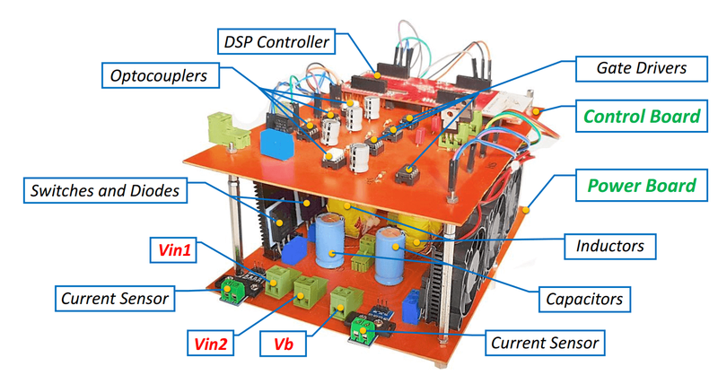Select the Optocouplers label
pos(161,76)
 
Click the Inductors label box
pos(611,244)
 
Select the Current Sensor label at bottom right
pos(543,342)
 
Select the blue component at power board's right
pos(412,305)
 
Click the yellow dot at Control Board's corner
pos(536,110)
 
